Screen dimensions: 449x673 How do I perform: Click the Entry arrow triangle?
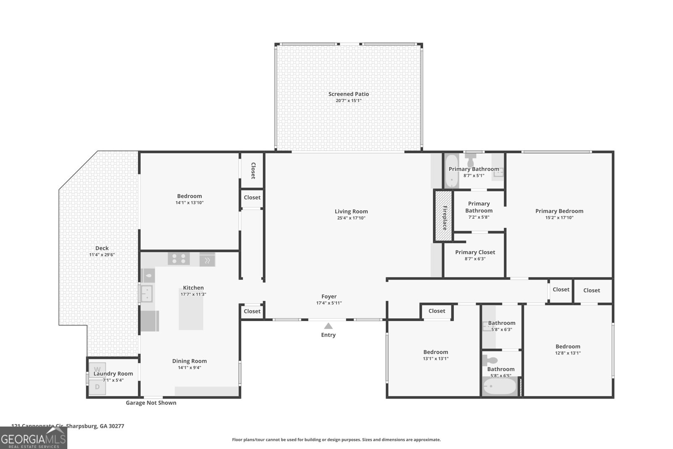(x=328, y=326)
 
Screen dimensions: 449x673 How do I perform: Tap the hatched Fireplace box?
(x=443, y=216)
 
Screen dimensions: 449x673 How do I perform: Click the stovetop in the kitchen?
(x=179, y=258)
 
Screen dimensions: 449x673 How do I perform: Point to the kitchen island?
(x=191, y=312)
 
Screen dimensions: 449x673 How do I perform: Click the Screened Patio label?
(x=348, y=94)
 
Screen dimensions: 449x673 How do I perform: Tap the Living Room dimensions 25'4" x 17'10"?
(x=351, y=218)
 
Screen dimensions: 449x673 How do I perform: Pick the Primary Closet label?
(x=475, y=252)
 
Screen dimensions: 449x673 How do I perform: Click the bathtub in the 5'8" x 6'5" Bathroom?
(x=499, y=386)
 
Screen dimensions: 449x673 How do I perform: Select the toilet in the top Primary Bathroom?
(x=470, y=160)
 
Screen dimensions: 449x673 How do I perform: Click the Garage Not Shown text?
(x=151, y=403)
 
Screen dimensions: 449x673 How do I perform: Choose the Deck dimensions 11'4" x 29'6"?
(x=102, y=255)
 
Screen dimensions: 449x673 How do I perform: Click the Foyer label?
(x=329, y=296)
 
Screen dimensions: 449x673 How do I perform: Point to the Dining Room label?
(x=189, y=361)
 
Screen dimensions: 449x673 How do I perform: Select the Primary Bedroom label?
(x=559, y=211)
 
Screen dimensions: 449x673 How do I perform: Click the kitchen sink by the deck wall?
(x=146, y=293)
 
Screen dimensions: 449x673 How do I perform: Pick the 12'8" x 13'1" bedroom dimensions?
(x=567, y=353)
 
